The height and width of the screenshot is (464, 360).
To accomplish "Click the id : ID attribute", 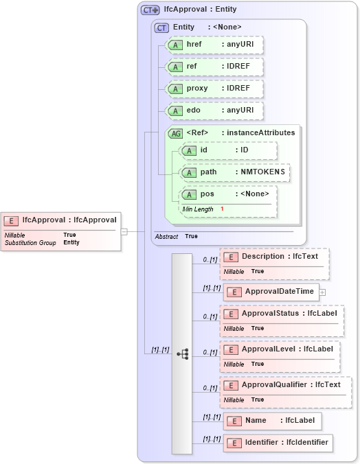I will [x=228, y=150].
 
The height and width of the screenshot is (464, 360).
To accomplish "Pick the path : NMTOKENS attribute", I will [x=234, y=172].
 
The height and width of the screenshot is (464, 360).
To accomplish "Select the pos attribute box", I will [x=228, y=194].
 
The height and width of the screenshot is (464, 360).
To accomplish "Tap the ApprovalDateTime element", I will [x=269, y=292].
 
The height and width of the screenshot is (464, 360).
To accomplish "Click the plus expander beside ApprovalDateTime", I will [x=322, y=292].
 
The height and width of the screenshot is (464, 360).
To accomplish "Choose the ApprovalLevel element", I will [x=280, y=349].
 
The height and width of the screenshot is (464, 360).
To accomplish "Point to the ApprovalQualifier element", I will [x=286, y=385].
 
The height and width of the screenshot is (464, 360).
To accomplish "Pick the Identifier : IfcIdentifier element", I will [x=278, y=443].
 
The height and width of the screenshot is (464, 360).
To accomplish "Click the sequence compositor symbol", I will [x=183, y=353].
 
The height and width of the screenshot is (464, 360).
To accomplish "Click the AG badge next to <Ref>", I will [x=176, y=132].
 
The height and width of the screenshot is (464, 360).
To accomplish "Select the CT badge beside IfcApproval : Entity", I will [x=150, y=10].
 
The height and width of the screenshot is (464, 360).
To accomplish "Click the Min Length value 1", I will [x=222, y=208].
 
